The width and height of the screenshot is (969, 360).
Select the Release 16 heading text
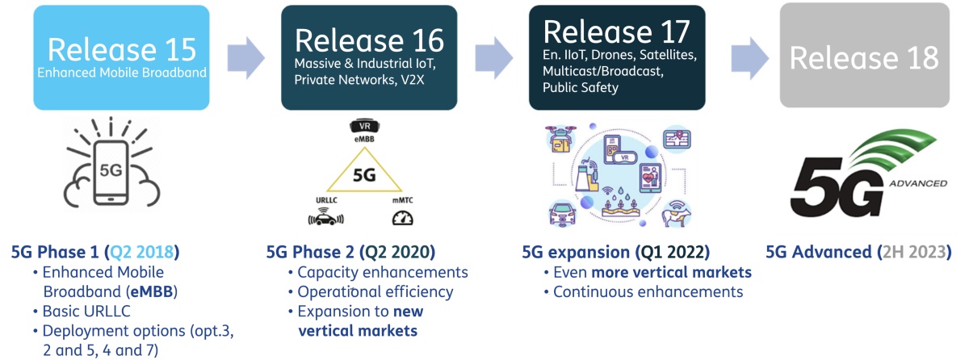point(369,39)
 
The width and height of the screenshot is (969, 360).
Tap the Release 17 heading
point(617,31)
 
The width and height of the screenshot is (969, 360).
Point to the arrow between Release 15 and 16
point(245,57)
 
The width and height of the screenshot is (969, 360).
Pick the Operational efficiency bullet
point(375,292)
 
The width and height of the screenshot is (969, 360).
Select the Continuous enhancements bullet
point(648,292)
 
